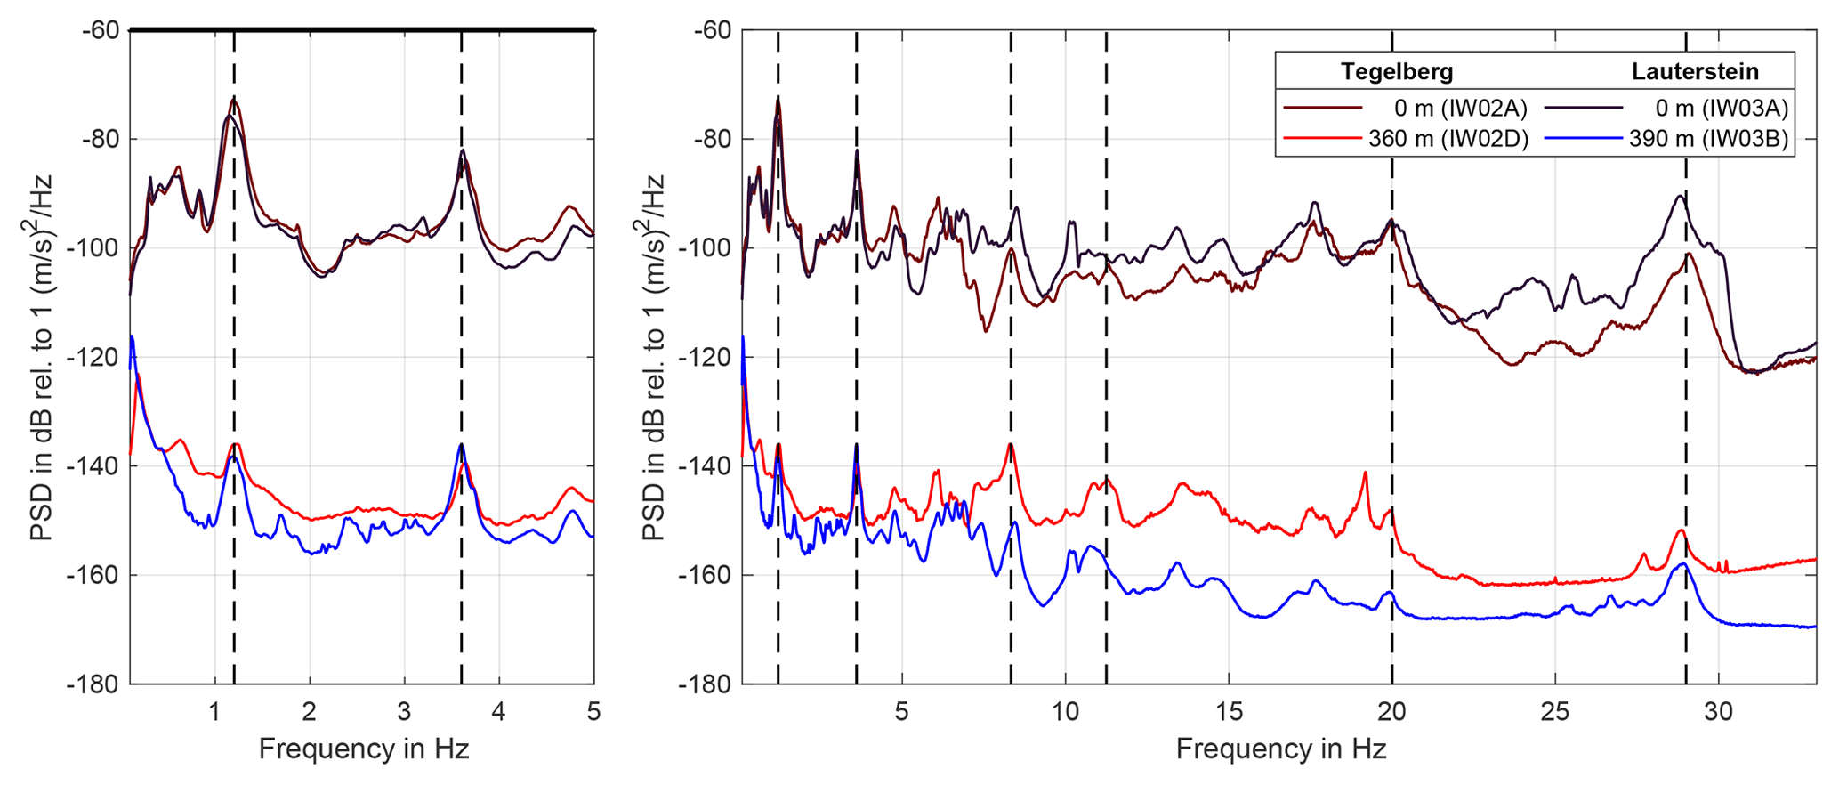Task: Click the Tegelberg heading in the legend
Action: click(1396, 71)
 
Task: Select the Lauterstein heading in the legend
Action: click(1695, 71)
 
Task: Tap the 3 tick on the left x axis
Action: click(404, 712)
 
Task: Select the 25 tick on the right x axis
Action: click(1555, 712)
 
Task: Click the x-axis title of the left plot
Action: click(363, 749)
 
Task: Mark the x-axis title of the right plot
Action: click(1280, 749)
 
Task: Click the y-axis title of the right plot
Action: click(654, 357)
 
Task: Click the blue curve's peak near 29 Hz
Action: click(1683, 563)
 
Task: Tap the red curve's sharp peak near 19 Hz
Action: click(1365, 473)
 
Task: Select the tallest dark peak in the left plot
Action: click(234, 99)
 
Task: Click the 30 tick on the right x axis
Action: click(1718, 712)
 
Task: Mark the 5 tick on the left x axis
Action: click(593, 712)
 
